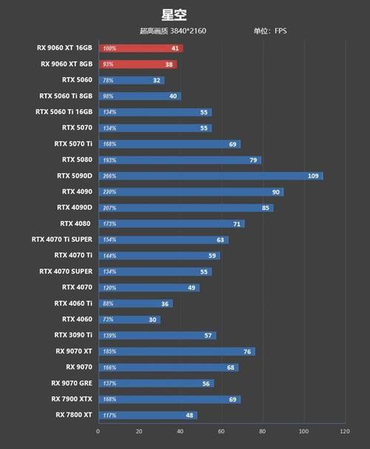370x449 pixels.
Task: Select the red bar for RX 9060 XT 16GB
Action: click(x=140, y=48)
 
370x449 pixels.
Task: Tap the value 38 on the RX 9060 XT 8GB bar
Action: click(x=169, y=64)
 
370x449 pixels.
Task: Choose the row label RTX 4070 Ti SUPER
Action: click(x=62, y=239)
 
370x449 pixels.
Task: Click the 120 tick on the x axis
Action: click(x=343, y=430)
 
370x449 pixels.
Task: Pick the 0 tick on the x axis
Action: click(x=98, y=430)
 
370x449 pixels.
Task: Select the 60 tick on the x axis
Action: click(x=221, y=430)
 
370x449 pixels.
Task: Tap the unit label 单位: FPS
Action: click(x=271, y=31)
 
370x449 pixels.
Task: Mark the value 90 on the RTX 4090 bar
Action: click(x=275, y=192)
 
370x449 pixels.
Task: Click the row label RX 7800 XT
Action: click(x=73, y=415)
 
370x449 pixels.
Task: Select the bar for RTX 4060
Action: click(x=129, y=319)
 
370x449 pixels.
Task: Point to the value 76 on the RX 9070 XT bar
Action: click(x=247, y=351)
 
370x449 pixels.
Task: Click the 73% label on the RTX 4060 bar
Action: click(x=108, y=319)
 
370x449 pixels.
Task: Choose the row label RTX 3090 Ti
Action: click(x=73, y=335)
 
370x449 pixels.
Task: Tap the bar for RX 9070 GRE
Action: click(x=155, y=383)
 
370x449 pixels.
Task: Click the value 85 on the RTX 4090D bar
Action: click(x=266, y=208)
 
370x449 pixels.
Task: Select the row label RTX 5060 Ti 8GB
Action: click(x=66, y=96)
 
